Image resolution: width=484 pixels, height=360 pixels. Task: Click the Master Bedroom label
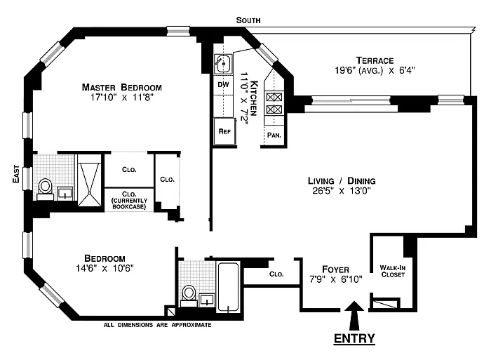(121, 88)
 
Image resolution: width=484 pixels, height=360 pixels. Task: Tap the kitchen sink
(223, 64)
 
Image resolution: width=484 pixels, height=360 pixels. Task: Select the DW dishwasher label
(223, 84)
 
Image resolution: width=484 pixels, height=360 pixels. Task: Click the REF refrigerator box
(224, 131)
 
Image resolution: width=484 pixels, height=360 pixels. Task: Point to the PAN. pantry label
(274, 135)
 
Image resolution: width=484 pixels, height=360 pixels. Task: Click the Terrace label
(375, 60)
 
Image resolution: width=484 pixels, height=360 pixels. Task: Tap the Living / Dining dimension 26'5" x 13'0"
(342, 190)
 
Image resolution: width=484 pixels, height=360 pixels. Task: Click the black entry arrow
(354, 316)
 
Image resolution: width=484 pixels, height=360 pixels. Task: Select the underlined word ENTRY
(354, 338)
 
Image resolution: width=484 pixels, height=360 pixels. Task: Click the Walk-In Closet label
(393, 271)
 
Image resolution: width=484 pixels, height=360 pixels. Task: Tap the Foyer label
(335, 269)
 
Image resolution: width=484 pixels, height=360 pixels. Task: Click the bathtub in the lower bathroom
(228, 287)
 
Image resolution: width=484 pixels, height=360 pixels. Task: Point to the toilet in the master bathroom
(46, 189)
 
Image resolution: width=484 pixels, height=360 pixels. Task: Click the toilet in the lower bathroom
(189, 295)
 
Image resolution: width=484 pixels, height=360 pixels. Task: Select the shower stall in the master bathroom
(89, 180)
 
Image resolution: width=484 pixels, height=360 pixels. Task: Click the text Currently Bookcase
(129, 204)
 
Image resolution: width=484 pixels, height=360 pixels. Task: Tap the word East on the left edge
(16, 174)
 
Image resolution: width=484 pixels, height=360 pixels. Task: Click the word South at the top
(248, 20)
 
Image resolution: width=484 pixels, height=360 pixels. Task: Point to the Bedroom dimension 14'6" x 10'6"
(105, 268)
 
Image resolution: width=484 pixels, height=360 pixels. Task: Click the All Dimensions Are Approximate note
(157, 325)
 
